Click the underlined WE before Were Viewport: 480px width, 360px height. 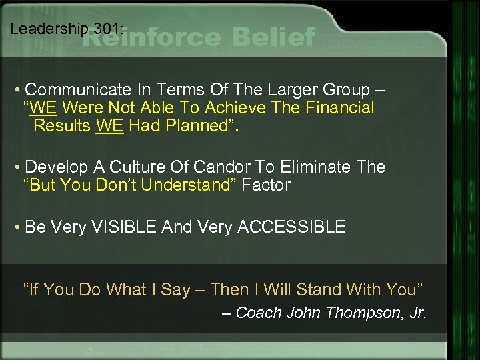click(44, 107)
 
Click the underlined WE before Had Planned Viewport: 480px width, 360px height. click(110, 125)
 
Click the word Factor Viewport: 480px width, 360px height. click(266, 185)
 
